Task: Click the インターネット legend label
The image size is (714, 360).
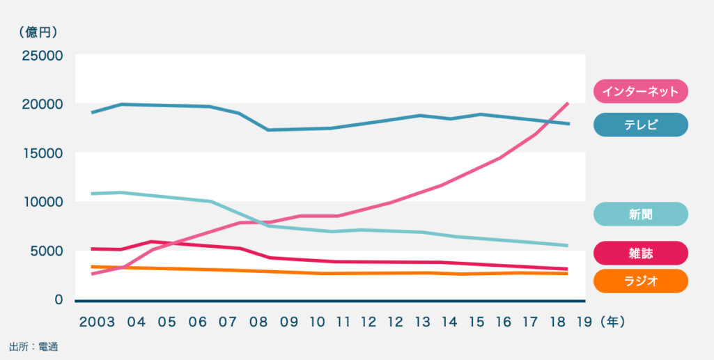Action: point(640,91)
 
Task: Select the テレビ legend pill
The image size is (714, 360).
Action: point(640,125)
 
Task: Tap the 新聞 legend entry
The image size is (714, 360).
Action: point(640,214)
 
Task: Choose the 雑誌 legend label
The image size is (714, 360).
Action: point(640,253)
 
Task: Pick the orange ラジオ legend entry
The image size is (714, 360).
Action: point(640,281)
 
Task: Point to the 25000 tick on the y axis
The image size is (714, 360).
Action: point(42,55)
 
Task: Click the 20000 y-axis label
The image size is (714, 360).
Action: point(42,104)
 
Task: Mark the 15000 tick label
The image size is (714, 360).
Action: point(42,153)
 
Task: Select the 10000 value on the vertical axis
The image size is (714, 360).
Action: point(42,202)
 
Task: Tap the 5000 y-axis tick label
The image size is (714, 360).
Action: point(45,251)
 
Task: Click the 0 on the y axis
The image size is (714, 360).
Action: point(59,300)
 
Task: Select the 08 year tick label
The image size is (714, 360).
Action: point(258,322)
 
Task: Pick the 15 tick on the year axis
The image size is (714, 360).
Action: point(476,322)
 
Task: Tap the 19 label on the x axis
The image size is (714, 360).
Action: point(584,322)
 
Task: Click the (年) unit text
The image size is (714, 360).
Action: point(615,322)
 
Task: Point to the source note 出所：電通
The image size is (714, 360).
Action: point(33,346)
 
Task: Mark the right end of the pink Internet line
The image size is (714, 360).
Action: point(568,103)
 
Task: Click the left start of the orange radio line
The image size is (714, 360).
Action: point(93,267)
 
